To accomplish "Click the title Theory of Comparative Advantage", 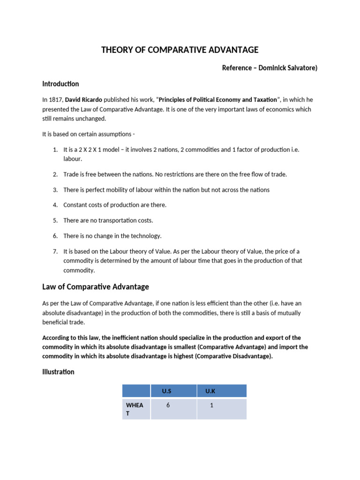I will point(180,50).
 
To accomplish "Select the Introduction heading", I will point(60,84).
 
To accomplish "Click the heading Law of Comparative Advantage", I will point(96,286).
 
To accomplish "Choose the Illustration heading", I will point(58,372).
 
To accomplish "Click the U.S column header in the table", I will point(166,391).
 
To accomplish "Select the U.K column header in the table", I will point(210,391).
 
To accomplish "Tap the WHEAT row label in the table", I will point(134,409).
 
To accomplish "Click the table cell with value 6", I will point(168,405).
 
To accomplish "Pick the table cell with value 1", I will point(211,405).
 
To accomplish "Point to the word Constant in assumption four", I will point(75,205).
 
